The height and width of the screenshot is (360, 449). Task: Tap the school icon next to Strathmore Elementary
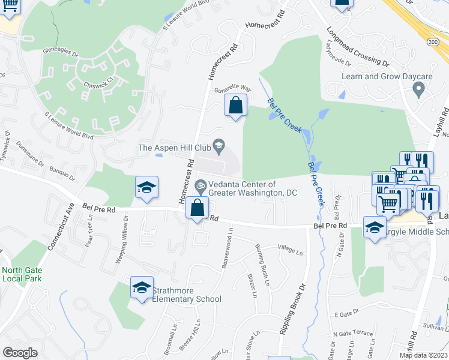pyautogui.click(x=142, y=287)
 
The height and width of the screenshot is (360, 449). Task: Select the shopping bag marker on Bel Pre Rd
pyautogui.click(x=197, y=209)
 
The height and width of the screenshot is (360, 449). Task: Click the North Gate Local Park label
pyautogui.click(x=20, y=274)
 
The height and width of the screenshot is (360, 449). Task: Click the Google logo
pyautogui.click(x=20, y=353)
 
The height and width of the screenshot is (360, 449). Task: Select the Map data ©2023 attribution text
pyautogui.click(x=423, y=355)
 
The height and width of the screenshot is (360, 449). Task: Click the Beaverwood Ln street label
pyautogui.click(x=228, y=247)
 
